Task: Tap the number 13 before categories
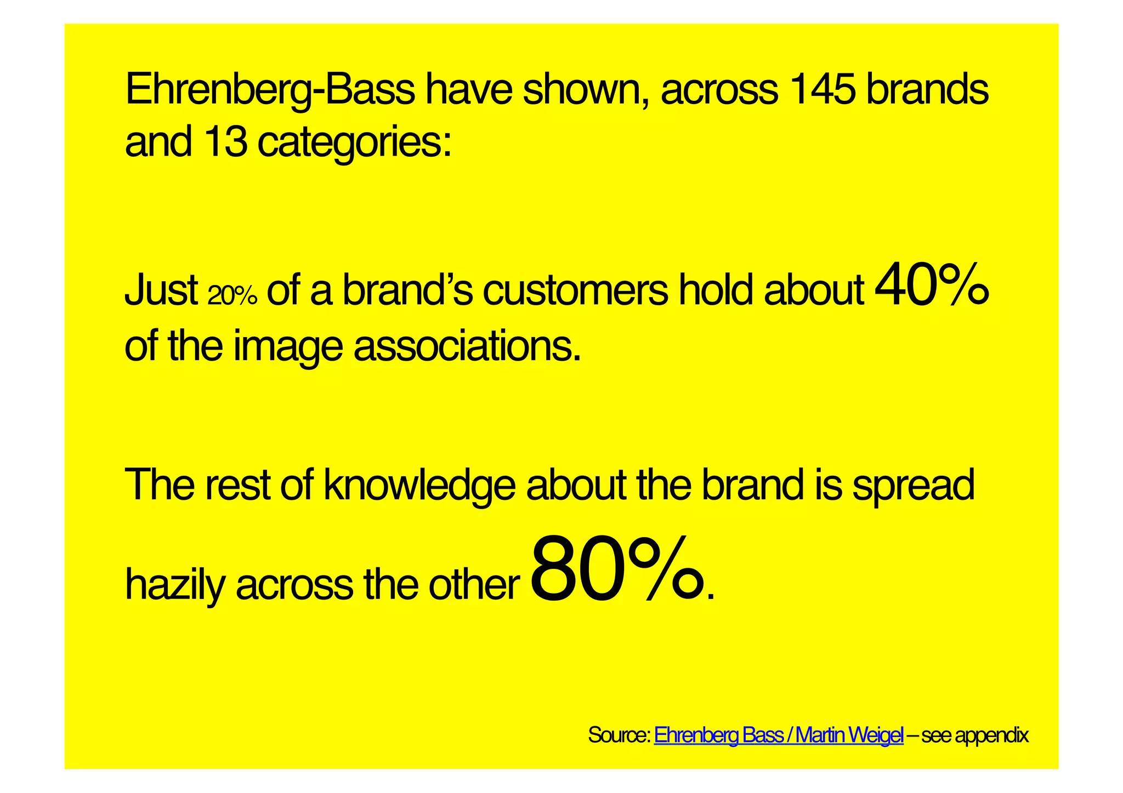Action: tap(225, 141)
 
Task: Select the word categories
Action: tap(354, 144)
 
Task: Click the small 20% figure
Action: tap(232, 296)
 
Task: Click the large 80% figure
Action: tap(617, 573)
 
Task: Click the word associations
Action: tap(467, 346)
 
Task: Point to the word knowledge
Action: tap(419, 486)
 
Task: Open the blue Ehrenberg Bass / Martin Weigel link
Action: tap(778, 735)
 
